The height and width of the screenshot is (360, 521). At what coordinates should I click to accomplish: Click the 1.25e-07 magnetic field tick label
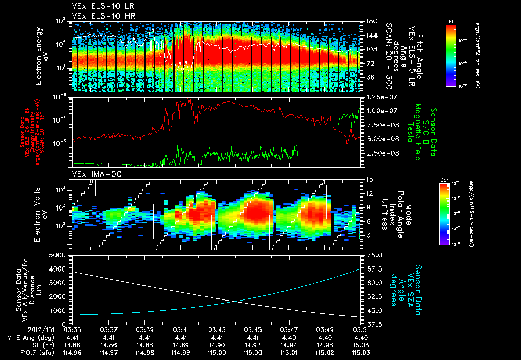pyautogui.click(x=380, y=97)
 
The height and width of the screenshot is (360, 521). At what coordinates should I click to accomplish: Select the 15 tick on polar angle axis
pyautogui.click(x=369, y=179)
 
